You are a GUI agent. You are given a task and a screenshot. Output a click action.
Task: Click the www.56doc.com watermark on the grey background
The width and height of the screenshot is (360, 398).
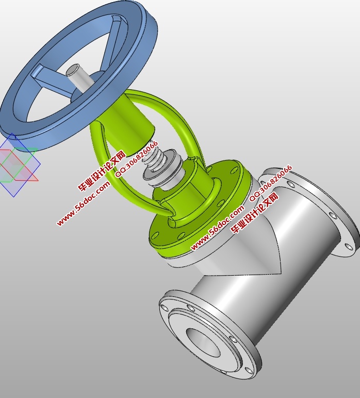(x=83, y=203)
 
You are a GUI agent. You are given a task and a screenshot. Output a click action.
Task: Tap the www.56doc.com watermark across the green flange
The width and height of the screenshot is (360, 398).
(x=217, y=228)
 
